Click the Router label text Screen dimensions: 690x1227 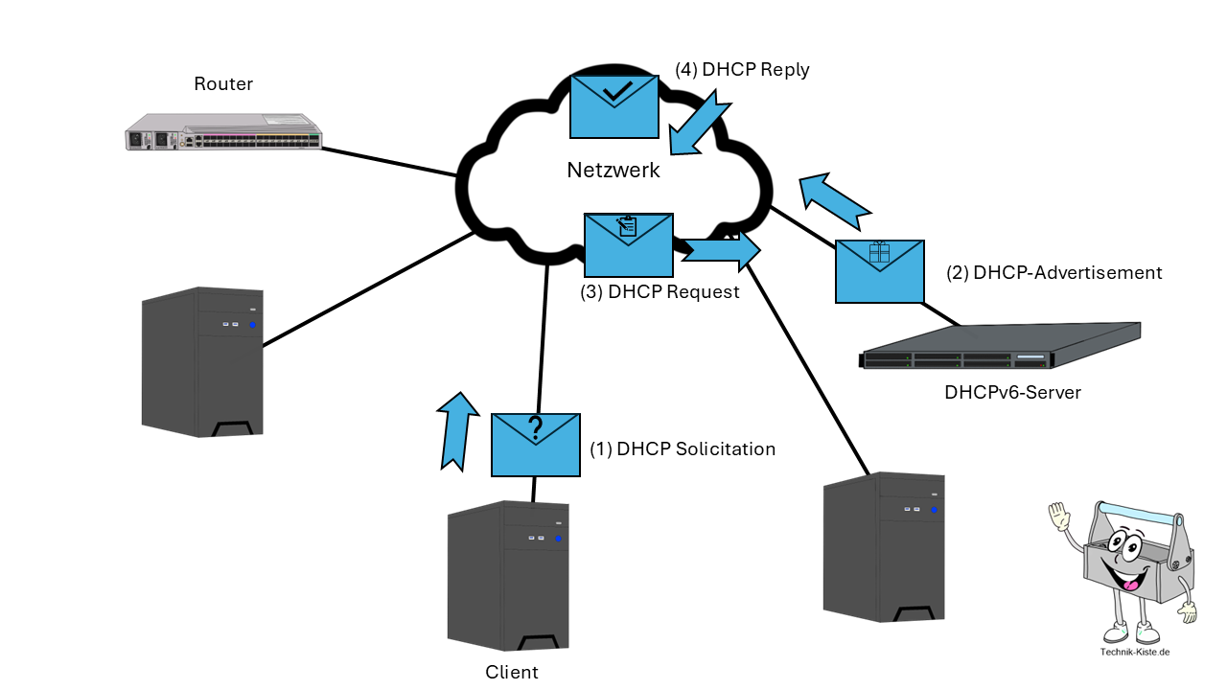click(223, 84)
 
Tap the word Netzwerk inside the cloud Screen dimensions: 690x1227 click(613, 171)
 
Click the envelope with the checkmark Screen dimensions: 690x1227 click(614, 106)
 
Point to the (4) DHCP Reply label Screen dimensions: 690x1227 click(742, 70)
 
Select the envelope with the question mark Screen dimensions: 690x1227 click(536, 445)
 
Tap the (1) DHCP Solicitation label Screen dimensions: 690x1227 click(682, 448)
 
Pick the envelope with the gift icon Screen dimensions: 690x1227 click(880, 271)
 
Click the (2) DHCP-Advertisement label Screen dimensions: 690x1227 click(1053, 273)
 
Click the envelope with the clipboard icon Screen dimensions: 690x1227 click(628, 244)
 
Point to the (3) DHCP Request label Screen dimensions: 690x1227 click(660, 292)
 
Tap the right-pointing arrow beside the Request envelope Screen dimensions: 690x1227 click(721, 249)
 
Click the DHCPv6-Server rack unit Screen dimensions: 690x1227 click(1000, 348)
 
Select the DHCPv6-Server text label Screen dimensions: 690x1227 click(1012, 392)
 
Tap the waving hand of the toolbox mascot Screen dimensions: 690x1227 click(1058, 517)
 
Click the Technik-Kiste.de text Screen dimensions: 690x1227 click(1135, 653)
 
